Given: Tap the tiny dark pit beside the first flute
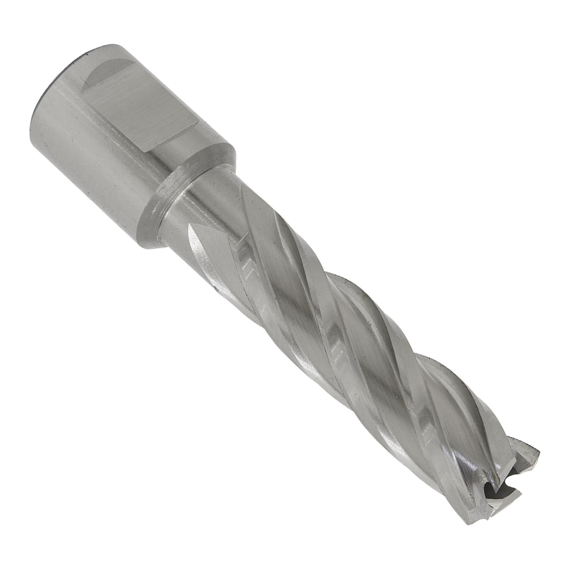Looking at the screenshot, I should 215,286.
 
